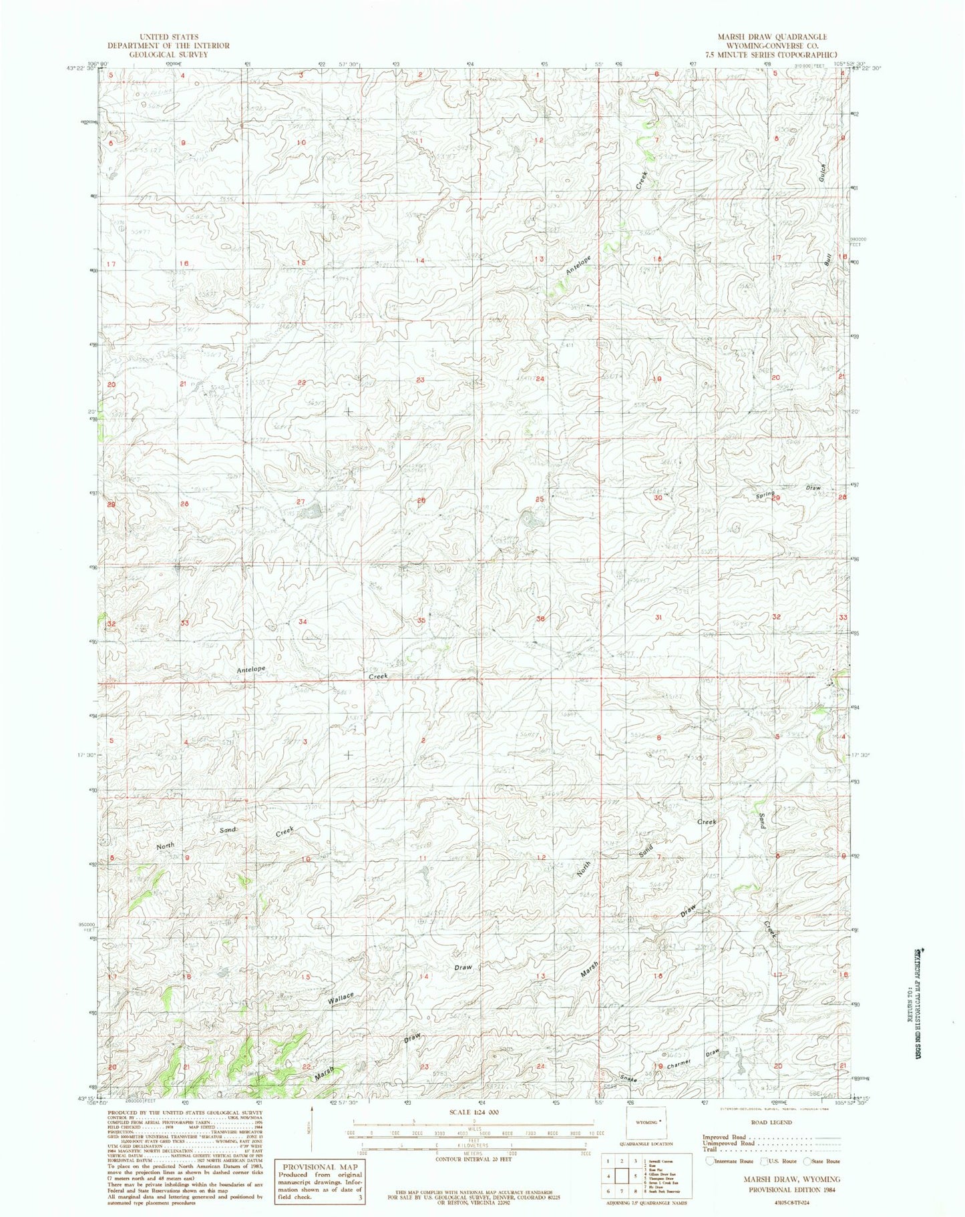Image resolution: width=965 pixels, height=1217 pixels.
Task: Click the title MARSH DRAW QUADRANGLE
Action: tap(772, 37)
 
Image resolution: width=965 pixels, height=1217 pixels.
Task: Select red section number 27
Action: tap(301, 501)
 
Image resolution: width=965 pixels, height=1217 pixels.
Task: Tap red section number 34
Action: tap(303, 622)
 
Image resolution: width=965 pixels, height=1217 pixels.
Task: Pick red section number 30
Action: tap(658, 497)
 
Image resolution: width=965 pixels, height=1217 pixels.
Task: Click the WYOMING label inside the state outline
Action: tap(643, 1123)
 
